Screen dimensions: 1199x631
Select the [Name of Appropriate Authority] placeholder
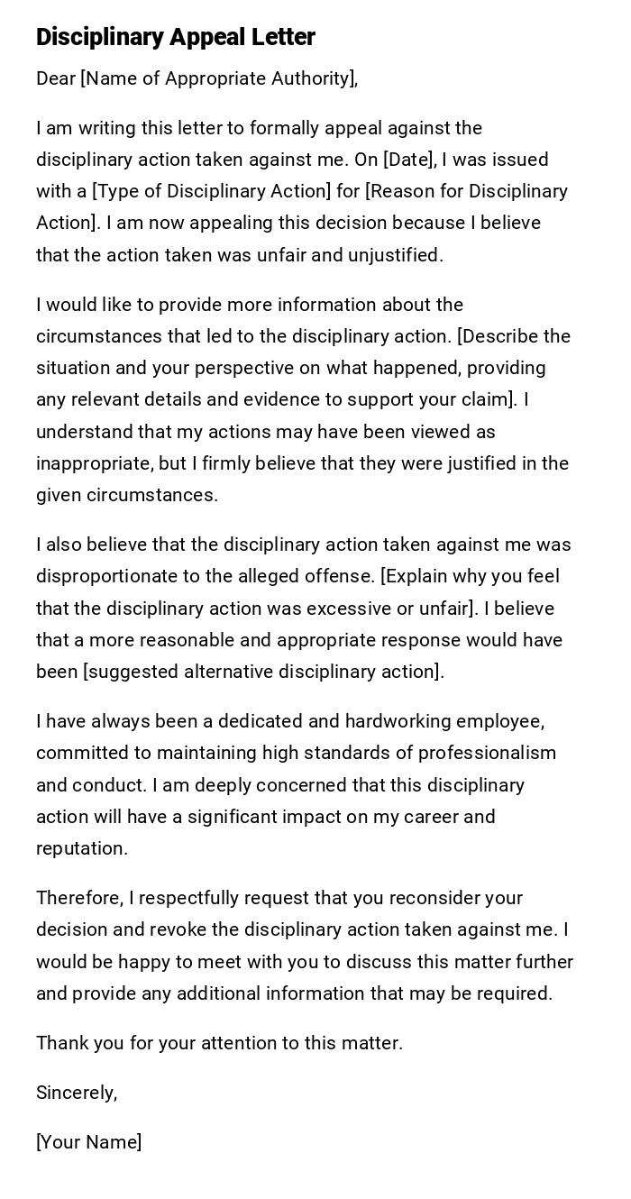(x=219, y=79)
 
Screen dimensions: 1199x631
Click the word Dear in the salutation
(x=56, y=79)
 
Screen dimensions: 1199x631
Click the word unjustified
(x=396, y=255)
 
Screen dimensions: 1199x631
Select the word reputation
(x=80, y=848)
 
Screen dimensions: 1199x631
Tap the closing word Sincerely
(x=76, y=1093)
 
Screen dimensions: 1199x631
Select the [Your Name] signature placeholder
(x=89, y=1142)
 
